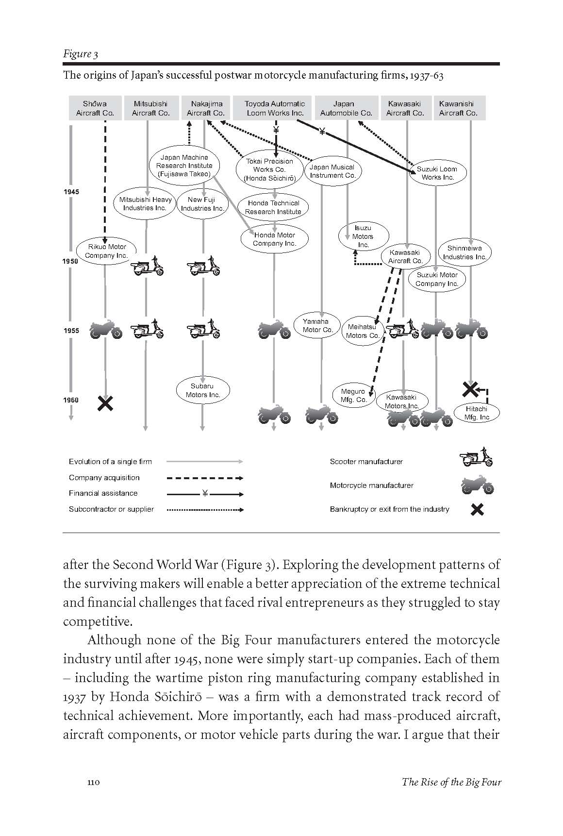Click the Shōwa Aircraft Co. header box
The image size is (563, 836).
95,108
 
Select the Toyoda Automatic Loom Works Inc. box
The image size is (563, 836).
275,108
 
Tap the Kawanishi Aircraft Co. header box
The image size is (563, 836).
458,108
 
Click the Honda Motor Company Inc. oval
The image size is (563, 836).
275,239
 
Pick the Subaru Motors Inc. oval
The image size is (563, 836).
202,390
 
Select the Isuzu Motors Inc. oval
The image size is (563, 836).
363,236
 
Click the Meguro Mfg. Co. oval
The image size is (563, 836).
353,396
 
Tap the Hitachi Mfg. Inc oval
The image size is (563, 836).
477,413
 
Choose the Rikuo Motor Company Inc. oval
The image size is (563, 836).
107,251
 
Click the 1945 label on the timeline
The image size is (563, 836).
71,192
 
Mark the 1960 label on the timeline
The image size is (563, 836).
71,400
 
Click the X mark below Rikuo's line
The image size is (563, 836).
105,403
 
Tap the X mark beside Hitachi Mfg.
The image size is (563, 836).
469,389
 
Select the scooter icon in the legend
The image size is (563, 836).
476,457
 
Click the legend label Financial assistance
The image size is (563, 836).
103,493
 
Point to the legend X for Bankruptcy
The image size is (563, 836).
478,509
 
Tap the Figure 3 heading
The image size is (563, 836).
81,54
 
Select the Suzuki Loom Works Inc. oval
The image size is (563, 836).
437,173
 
